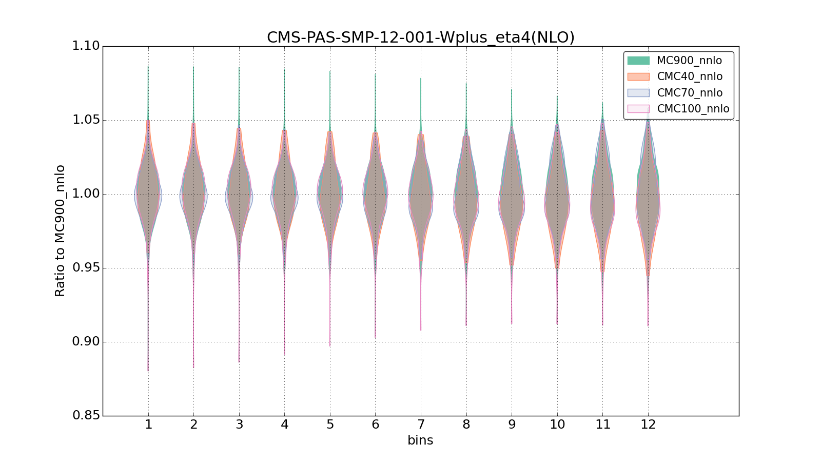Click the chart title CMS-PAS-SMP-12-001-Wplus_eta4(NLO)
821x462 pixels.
click(x=420, y=37)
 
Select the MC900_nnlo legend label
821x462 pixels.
click(x=689, y=61)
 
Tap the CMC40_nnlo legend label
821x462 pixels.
click(x=690, y=76)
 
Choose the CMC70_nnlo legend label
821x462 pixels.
click(x=690, y=93)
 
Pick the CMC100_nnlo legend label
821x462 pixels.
click(x=693, y=109)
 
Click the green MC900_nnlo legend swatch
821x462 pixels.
click(x=638, y=61)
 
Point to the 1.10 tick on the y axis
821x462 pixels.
click(x=86, y=46)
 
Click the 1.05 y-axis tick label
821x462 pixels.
click(x=86, y=120)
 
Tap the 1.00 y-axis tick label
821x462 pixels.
click(x=86, y=194)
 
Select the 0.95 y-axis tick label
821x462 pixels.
click(x=86, y=268)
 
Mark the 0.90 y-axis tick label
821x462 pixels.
click(x=86, y=342)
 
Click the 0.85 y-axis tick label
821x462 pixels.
click(x=86, y=416)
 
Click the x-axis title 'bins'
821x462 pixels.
click(x=420, y=440)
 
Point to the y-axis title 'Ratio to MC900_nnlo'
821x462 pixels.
click(x=60, y=230)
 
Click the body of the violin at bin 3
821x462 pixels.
click(x=239, y=194)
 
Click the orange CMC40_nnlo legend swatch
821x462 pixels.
click(x=638, y=76)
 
